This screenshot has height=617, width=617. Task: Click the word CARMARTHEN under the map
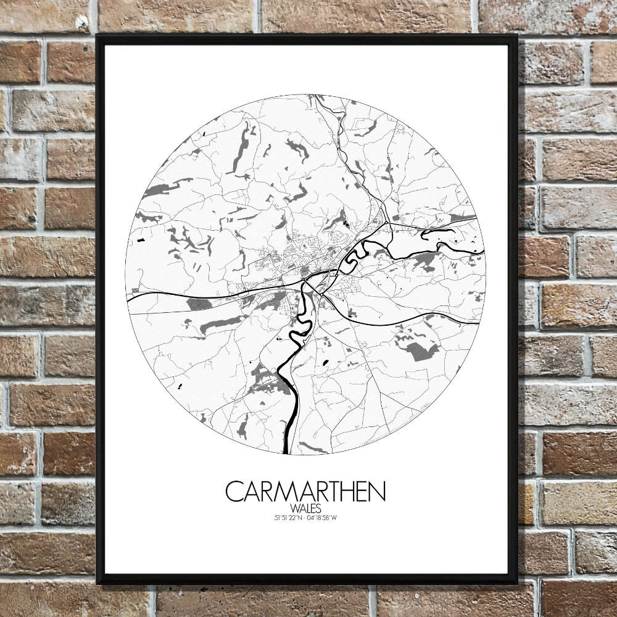305,492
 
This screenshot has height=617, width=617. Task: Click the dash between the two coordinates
305,517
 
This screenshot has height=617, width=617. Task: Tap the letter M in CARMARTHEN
281,492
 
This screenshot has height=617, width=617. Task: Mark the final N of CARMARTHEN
377,492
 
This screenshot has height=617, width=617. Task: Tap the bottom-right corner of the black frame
516,582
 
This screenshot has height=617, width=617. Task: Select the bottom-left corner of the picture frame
97,582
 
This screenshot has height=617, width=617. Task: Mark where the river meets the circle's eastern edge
483,250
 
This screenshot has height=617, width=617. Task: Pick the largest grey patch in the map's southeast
421,350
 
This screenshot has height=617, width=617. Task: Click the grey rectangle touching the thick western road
199,304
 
